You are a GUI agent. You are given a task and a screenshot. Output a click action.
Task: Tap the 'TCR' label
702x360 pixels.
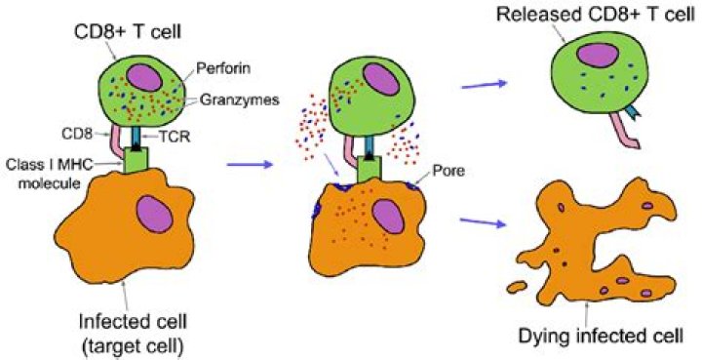[176, 138]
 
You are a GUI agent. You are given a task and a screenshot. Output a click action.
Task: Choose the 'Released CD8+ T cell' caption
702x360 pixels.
[592, 15]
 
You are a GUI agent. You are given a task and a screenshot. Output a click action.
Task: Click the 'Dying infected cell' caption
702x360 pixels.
[600, 335]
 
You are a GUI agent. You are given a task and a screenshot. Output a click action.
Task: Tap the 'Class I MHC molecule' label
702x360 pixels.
[50, 174]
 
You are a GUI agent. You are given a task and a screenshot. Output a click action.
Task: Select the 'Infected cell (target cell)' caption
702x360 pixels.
[132, 334]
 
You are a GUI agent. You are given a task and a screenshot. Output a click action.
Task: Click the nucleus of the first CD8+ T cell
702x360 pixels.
[143, 78]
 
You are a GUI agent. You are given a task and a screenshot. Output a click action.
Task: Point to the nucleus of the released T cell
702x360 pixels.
[598, 56]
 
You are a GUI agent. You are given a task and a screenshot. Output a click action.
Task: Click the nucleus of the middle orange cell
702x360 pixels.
[387, 216]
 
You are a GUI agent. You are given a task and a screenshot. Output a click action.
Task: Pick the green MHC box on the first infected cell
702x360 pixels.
[135, 160]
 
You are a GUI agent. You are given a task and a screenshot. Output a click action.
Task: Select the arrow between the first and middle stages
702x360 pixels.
[250, 165]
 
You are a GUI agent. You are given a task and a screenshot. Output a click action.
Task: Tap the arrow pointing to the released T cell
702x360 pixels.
[484, 85]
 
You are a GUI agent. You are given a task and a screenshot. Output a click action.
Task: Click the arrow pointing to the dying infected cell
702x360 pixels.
[484, 221]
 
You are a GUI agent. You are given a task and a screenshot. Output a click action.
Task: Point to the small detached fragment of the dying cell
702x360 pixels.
[517, 287]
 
